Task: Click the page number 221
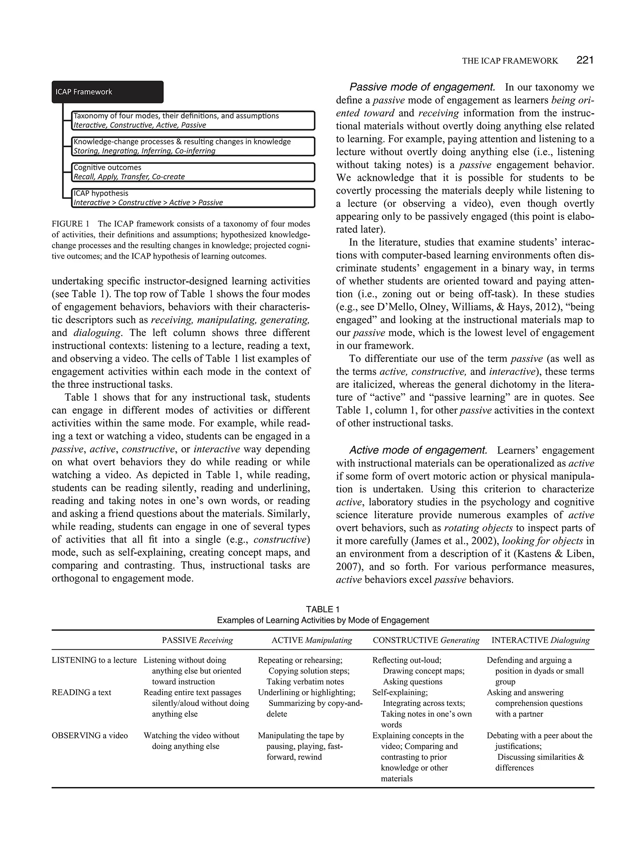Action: (x=585, y=60)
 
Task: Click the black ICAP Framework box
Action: (x=108, y=92)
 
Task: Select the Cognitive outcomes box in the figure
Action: (x=193, y=172)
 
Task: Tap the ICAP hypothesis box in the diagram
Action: (x=193, y=198)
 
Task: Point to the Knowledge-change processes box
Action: (x=193, y=146)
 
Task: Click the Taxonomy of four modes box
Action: (x=193, y=120)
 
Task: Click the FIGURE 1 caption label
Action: (x=70, y=224)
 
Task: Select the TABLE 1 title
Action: (x=323, y=609)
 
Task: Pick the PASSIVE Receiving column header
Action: (x=197, y=640)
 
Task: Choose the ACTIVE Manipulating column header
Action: (x=311, y=640)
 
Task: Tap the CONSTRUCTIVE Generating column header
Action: (x=426, y=640)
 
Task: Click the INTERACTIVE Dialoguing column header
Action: (x=540, y=640)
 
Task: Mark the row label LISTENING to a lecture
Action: (x=94, y=660)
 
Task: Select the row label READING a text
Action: (x=81, y=692)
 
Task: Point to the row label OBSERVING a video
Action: (x=90, y=735)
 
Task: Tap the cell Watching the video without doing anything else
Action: (x=191, y=740)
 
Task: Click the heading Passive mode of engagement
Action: (x=422, y=87)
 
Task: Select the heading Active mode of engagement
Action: (x=418, y=450)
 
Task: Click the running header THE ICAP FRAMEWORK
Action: (x=510, y=61)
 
